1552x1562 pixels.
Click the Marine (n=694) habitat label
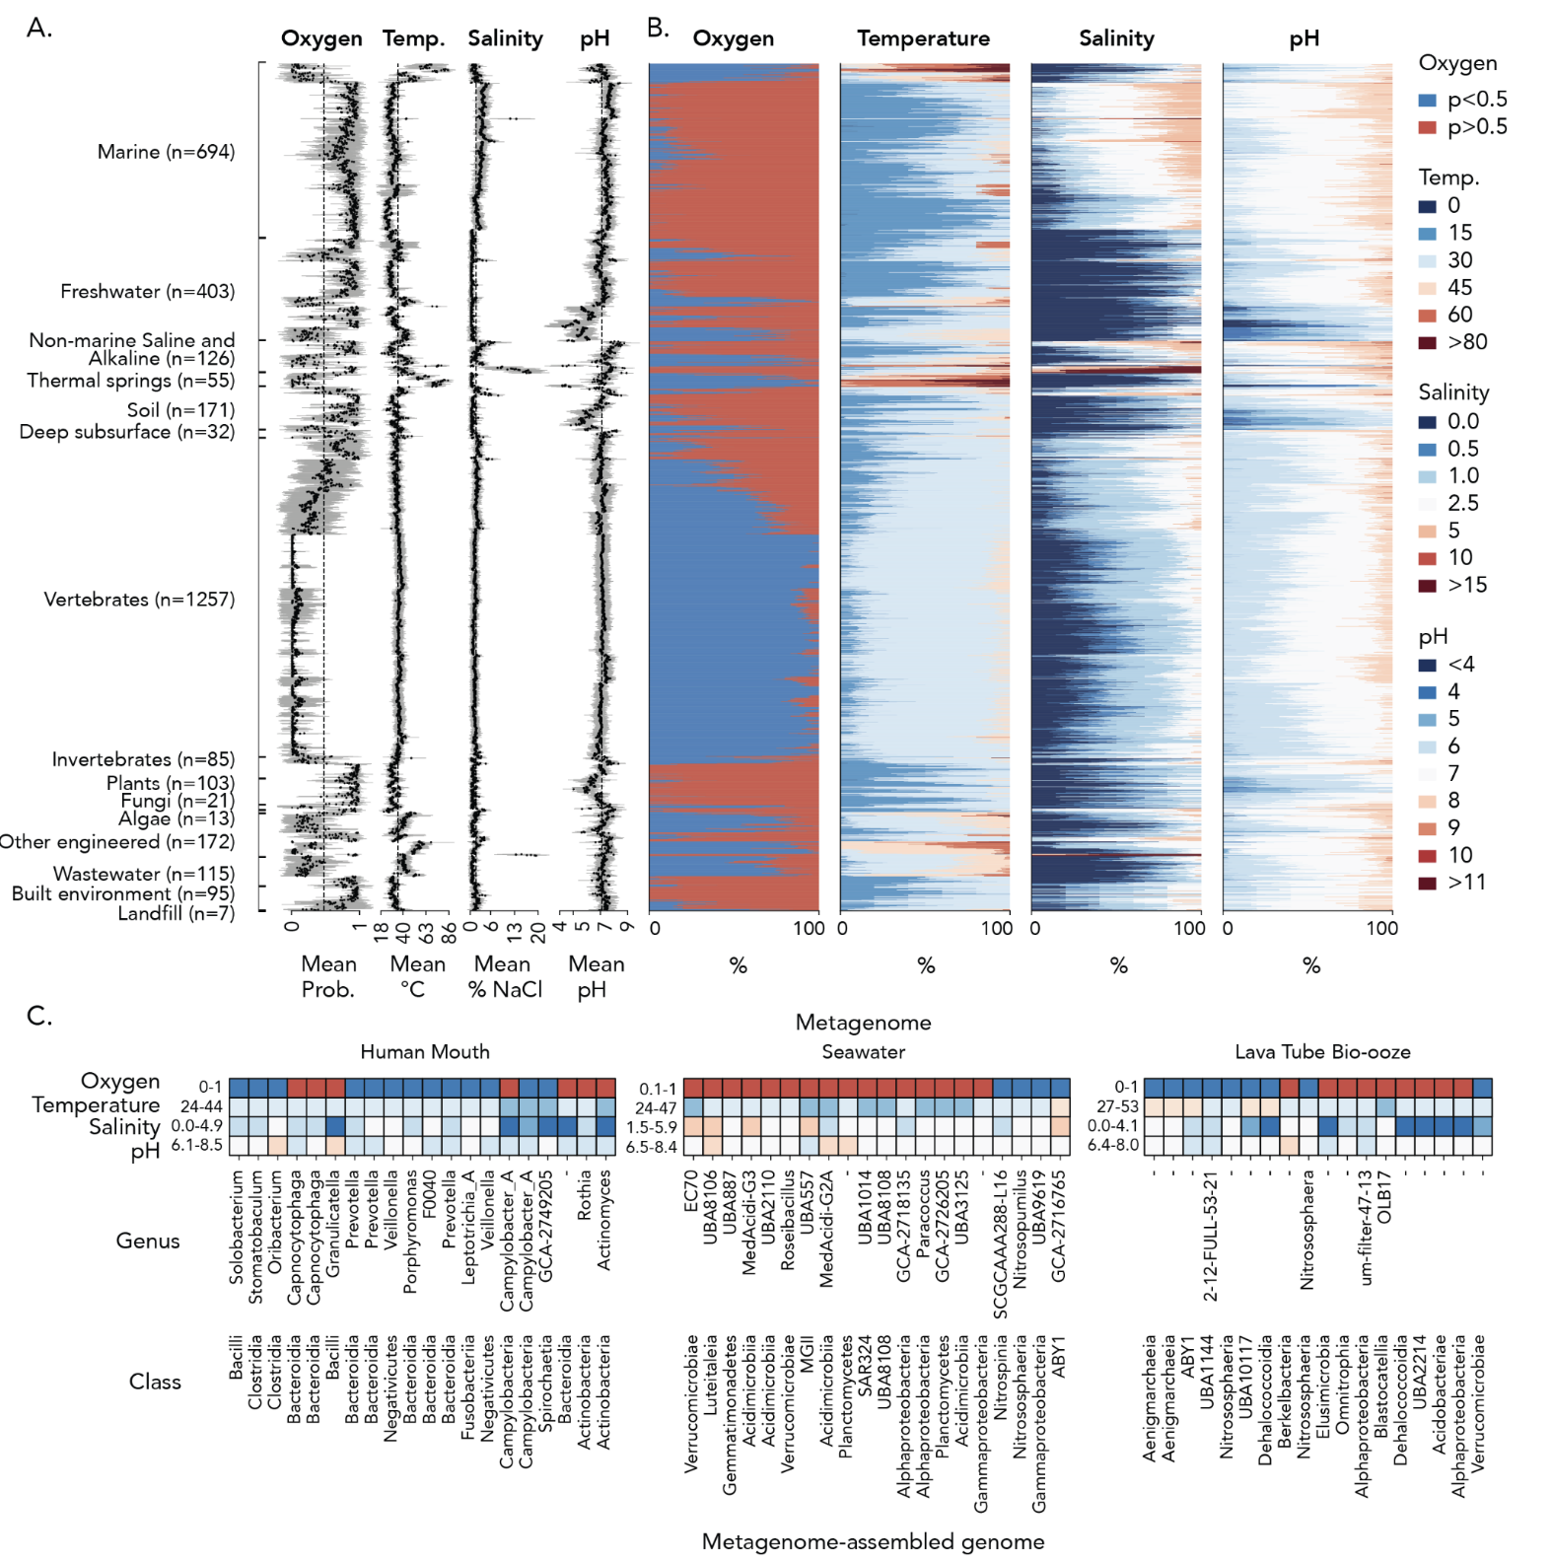(166, 152)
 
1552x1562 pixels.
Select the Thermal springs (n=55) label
(130, 381)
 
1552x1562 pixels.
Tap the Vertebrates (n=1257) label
(139, 600)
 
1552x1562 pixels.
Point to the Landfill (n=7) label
(176, 913)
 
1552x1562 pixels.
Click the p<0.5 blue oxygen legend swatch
(1427, 100)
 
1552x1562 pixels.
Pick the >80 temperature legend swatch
(1427, 342)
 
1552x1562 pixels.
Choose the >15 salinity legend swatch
(1427, 586)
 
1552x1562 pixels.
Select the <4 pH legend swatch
(1427, 665)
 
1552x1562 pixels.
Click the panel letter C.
(38, 1016)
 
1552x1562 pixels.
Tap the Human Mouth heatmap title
(424, 1052)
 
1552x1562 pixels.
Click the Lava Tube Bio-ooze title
(1321, 1052)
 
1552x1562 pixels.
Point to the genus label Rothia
(585, 1195)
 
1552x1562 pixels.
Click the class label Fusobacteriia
(468, 1386)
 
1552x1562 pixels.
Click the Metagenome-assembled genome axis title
(873, 1542)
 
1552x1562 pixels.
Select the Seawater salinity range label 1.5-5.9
(651, 1127)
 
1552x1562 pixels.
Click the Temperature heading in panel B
(923, 38)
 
